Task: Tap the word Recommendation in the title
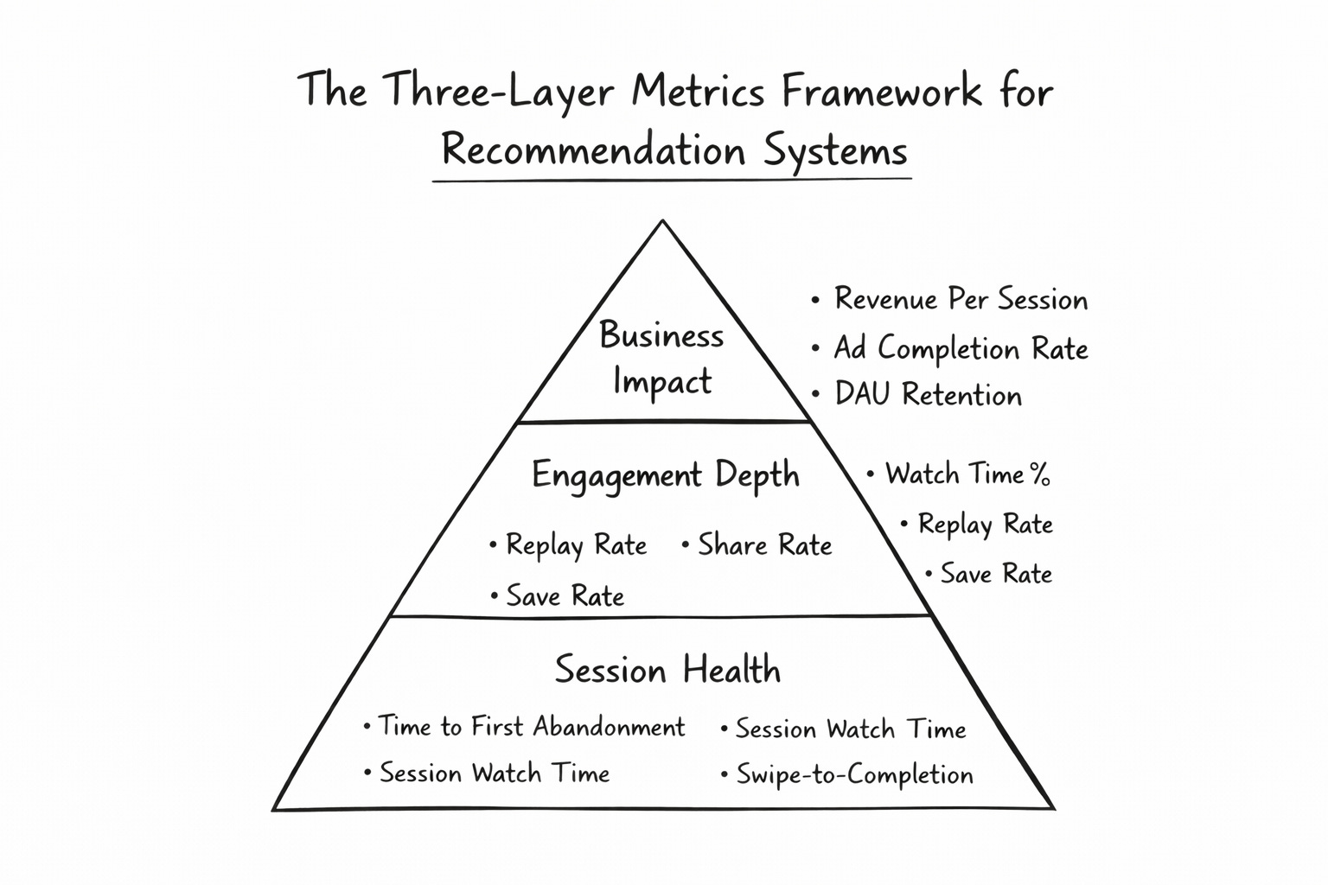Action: pyautogui.click(x=593, y=150)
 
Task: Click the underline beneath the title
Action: pyautogui.click(x=672, y=180)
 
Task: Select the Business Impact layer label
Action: pyautogui.click(x=661, y=358)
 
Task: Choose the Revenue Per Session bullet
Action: pyautogui.click(x=960, y=300)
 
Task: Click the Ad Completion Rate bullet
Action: pyautogui.click(x=960, y=348)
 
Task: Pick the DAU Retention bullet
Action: pyautogui.click(x=927, y=395)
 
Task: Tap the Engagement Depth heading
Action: pyautogui.click(x=665, y=475)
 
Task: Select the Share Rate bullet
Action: pyautogui.click(x=763, y=545)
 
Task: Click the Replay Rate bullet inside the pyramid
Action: pyautogui.click(x=575, y=545)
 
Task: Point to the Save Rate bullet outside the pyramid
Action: pyautogui.click(x=995, y=574)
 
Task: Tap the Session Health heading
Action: pyautogui.click(x=667, y=670)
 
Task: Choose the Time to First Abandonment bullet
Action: pyautogui.click(x=530, y=727)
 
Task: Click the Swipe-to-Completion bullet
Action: pyautogui.click(x=853, y=774)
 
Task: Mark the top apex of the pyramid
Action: pyautogui.click(x=662, y=222)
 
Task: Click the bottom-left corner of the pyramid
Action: pyautogui.click(x=275, y=809)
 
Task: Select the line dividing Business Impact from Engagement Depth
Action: pyautogui.click(x=663, y=422)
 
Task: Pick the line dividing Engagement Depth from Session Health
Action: pyautogui.click(x=663, y=616)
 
